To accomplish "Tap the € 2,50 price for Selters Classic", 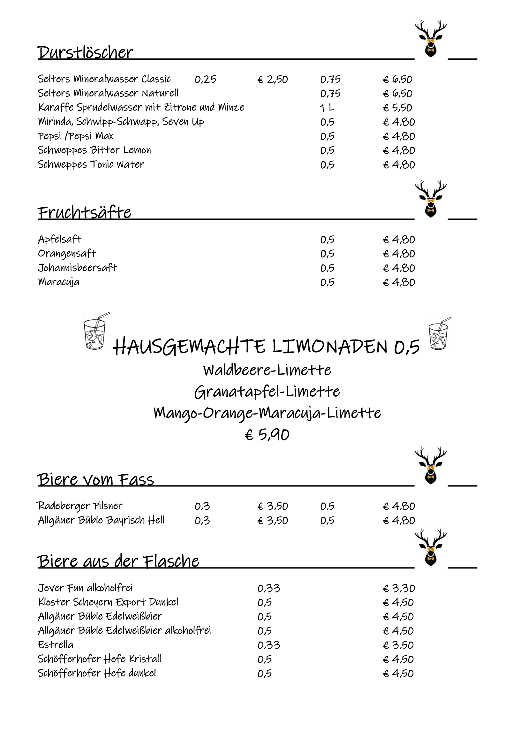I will pyautogui.click(x=272, y=80).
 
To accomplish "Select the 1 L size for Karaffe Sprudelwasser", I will pyautogui.click(x=327, y=108).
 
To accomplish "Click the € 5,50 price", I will pyautogui.click(x=398, y=108).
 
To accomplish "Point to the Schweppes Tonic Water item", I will pyautogui.click(x=91, y=164).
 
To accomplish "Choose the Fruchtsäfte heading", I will pyautogui.click(x=85, y=212).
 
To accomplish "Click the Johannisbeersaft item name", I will pyautogui.click(x=77, y=268).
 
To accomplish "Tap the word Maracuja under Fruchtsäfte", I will pyautogui.click(x=58, y=282).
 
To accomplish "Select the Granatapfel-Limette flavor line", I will pyautogui.click(x=267, y=392).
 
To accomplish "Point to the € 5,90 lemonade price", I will pyautogui.click(x=267, y=435).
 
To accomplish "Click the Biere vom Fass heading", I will pyautogui.click(x=95, y=480).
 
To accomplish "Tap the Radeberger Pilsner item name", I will pyautogui.click(x=79, y=506).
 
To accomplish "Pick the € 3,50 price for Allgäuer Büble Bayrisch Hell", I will pyautogui.click(x=272, y=521).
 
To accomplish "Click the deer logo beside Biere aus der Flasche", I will pyautogui.click(x=430, y=548).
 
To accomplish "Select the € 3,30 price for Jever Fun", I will pyautogui.click(x=399, y=588).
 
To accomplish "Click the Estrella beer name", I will pyautogui.click(x=56, y=645).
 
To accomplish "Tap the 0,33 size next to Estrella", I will pyautogui.click(x=268, y=645).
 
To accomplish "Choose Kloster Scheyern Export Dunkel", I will pyautogui.click(x=108, y=602).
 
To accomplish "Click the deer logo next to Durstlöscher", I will pyautogui.click(x=430, y=38).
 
